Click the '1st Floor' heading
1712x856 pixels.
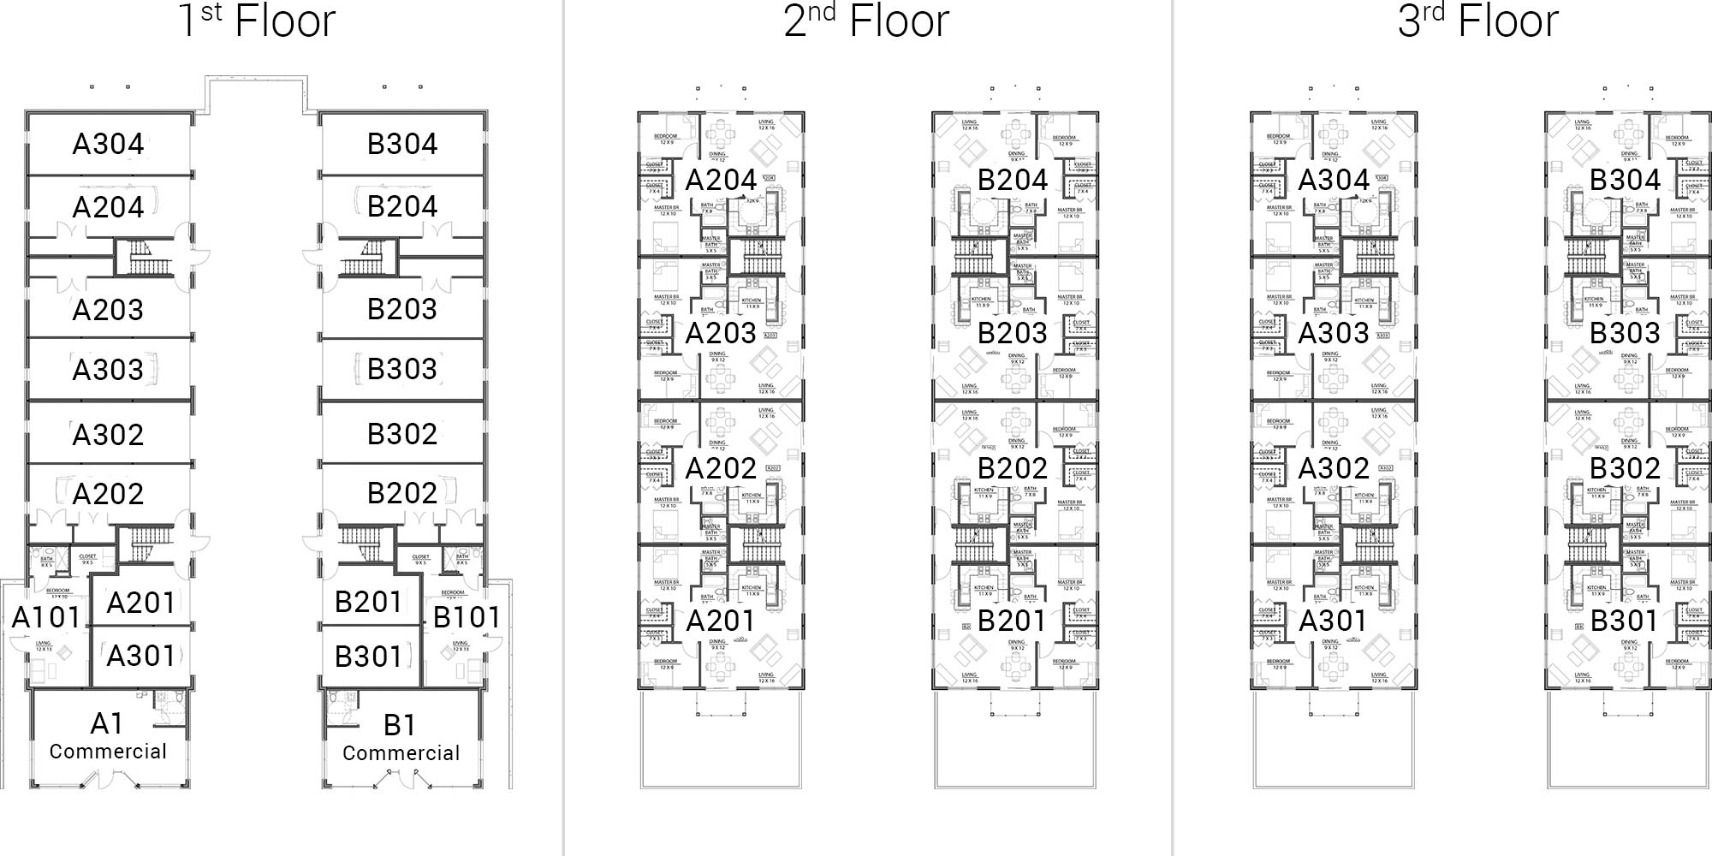pyautogui.click(x=257, y=21)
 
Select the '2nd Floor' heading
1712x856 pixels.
pyautogui.click(x=866, y=21)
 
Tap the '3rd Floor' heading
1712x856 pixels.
pyautogui.click(x=1477, y=21)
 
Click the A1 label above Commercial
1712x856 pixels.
pyautogui.click(x=107, y=724)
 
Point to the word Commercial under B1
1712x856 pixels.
pyautogui.click(x=401, y=753)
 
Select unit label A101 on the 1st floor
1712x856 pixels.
pyautogui.click(x=46, y=617)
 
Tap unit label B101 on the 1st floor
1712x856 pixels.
pyautogui.click(x=466, y=617)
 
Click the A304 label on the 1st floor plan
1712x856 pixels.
pyautogui.click(x=108, y=144)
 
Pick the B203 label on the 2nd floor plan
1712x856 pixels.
pyautogui.click(x=1013, y=333)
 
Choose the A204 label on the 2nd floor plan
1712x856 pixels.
pyautogui.click(x=721, y=181)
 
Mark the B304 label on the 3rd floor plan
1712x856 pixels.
pyautogui.click(x=1625, y=181)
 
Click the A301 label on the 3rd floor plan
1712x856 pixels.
pyautogui.click(x=1334, y=621)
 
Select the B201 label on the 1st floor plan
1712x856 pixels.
pyautogui.click(x=368, y=602)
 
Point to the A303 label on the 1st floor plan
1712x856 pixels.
pyautogui.click(x=108, y=370)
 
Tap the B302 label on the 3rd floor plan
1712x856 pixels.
pyautogui.click(x=1625, y=468)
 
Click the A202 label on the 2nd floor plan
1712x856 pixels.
pyautogui.click(x=721, y=468)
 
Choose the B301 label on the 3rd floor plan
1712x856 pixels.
pyautogui.click(x=1625, y=621)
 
